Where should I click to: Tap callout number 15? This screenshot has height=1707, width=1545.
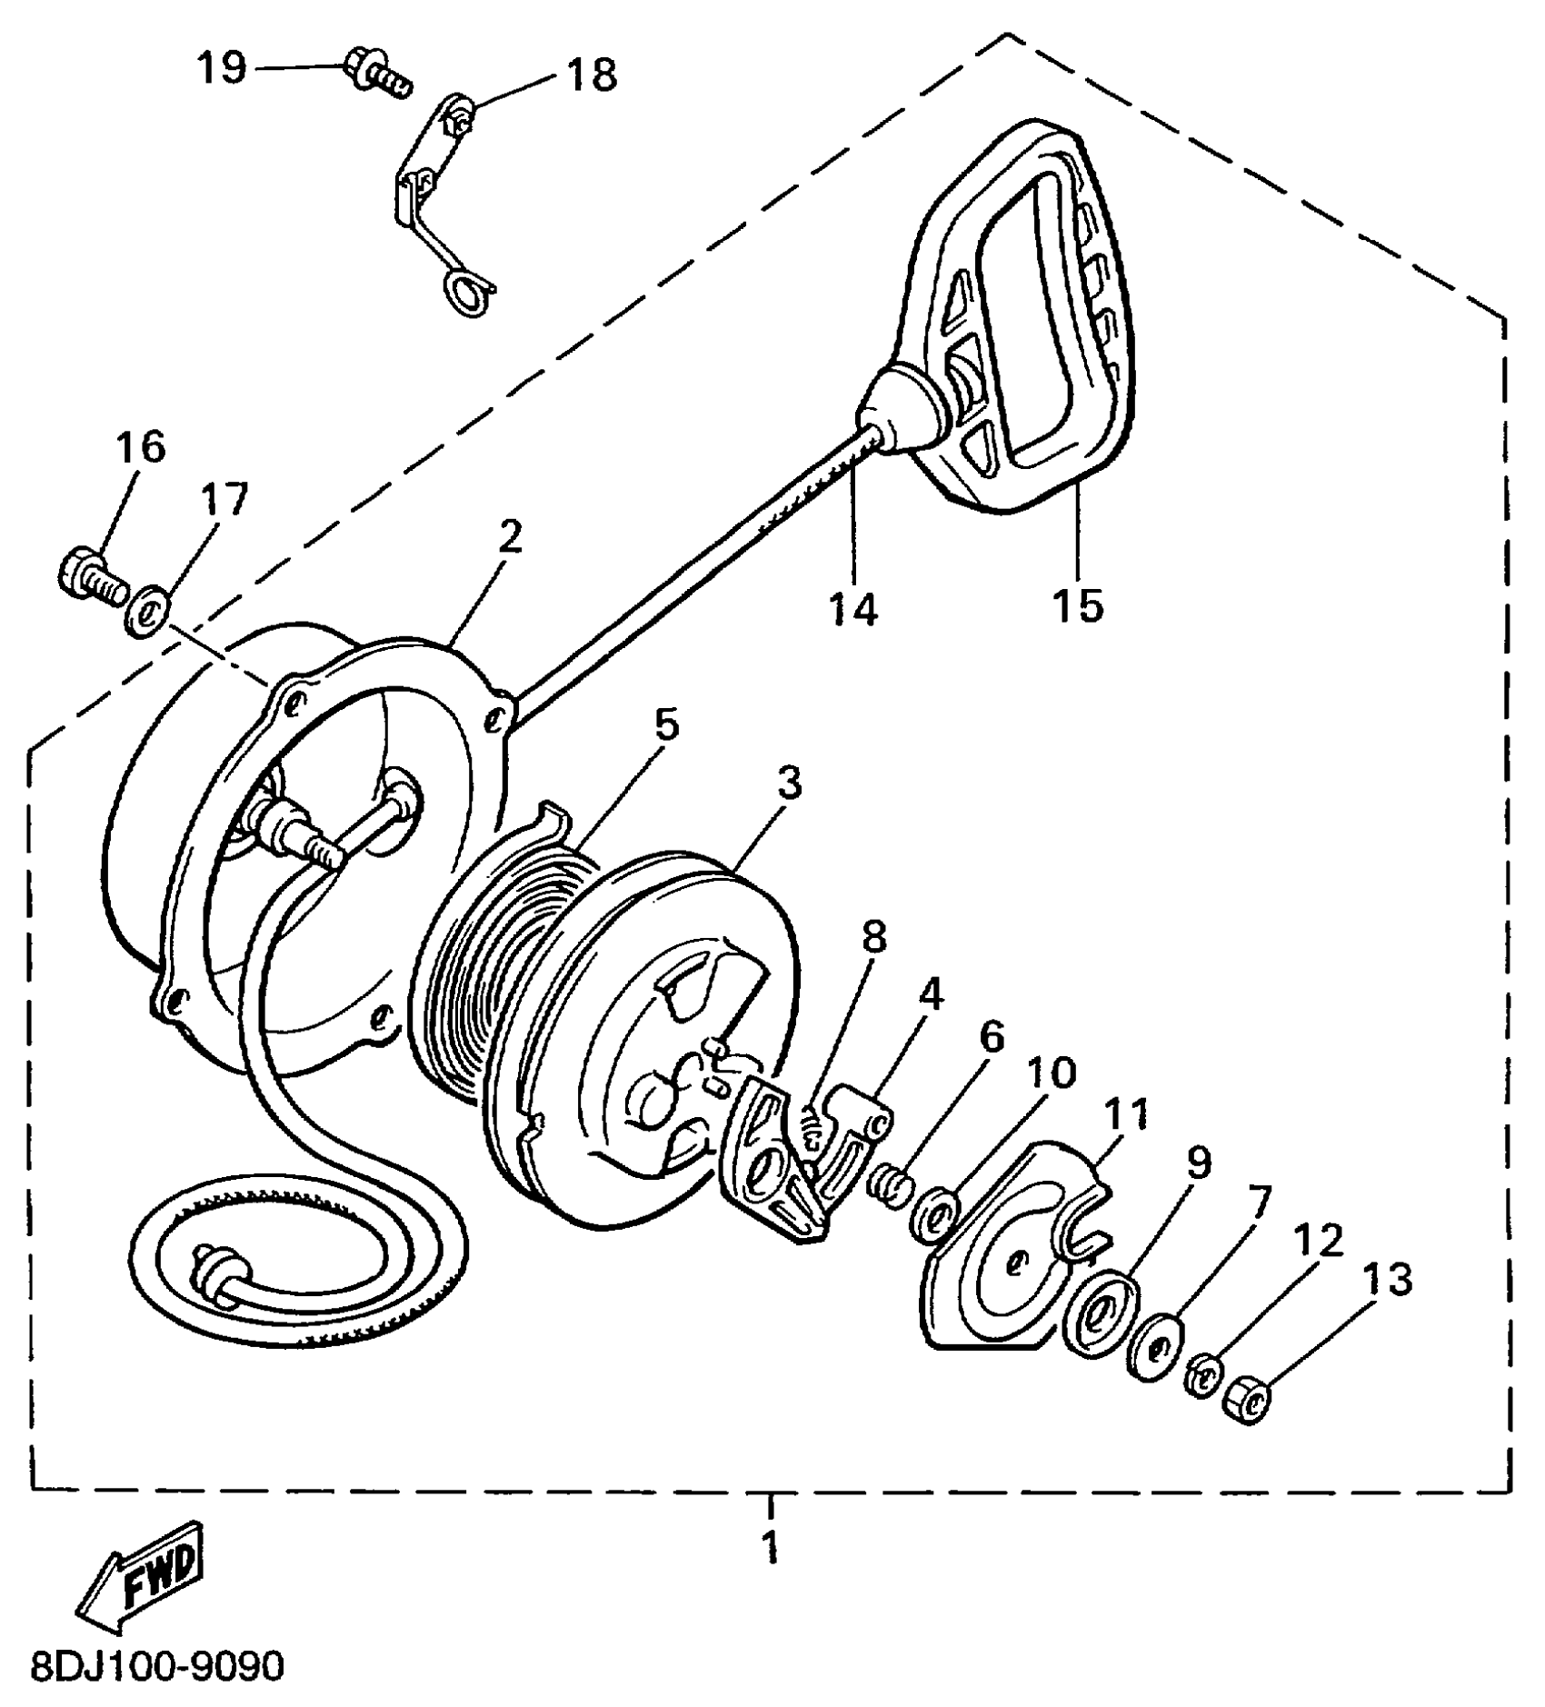[1078, 604]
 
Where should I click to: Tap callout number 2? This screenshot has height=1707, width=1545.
[511, 538]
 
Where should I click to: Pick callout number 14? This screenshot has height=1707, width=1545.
[853, 608]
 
